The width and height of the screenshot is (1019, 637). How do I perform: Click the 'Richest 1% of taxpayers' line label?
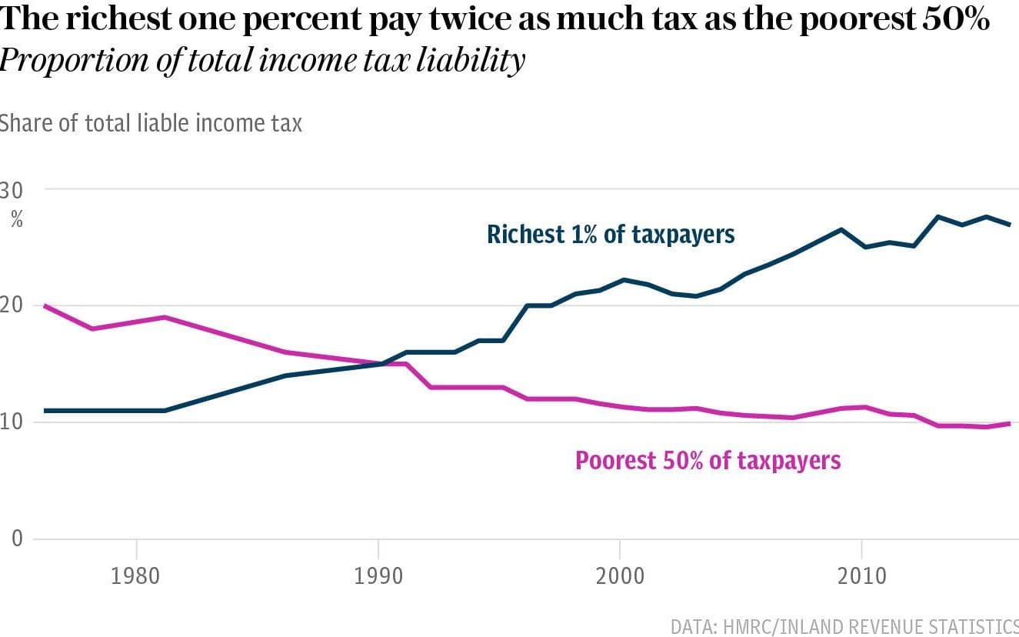[611, 234]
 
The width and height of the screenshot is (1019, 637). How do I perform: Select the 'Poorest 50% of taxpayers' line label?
[708, 460]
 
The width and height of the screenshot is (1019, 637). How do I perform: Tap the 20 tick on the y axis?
[11, 305]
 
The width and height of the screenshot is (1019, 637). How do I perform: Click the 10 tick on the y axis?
[11, 422]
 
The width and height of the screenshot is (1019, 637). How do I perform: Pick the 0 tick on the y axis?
[17, 538]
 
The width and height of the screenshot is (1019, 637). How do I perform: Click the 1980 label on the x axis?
[136, 575]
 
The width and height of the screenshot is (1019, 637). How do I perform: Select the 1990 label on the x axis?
[378, 575]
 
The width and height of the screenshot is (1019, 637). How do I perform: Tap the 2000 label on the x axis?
[619, 575]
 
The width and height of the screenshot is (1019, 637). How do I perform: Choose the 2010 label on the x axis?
[861, 575]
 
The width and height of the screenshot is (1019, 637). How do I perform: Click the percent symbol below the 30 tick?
[16, 220]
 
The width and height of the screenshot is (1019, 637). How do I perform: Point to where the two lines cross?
[382, 363]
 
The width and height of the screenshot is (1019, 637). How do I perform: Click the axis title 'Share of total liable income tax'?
[150, 122]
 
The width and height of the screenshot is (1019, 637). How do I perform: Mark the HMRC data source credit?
[844, 625]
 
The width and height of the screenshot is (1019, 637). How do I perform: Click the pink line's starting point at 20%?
[45, 305]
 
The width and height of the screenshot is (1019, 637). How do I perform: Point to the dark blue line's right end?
[1009, 224]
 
